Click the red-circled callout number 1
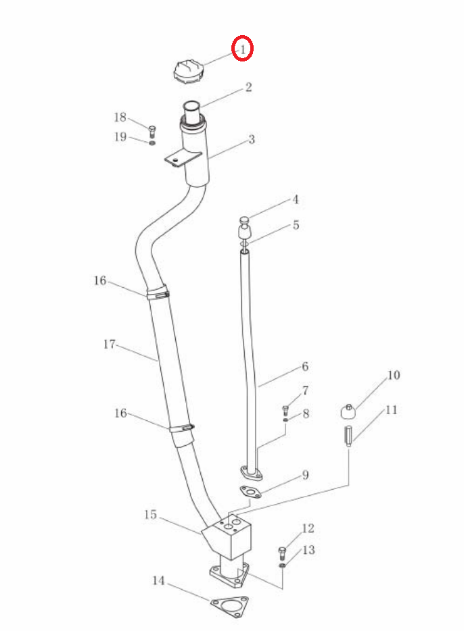[243, 49]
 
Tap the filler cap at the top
[187, 72]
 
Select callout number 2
[248, 87]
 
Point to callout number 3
[252, 140]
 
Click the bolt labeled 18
[152, 132]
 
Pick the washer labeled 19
[152, 143]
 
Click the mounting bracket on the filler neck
[183, 158]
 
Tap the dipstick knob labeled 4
[244, 220]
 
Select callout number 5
[296, 225]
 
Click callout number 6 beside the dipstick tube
[305, 367]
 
